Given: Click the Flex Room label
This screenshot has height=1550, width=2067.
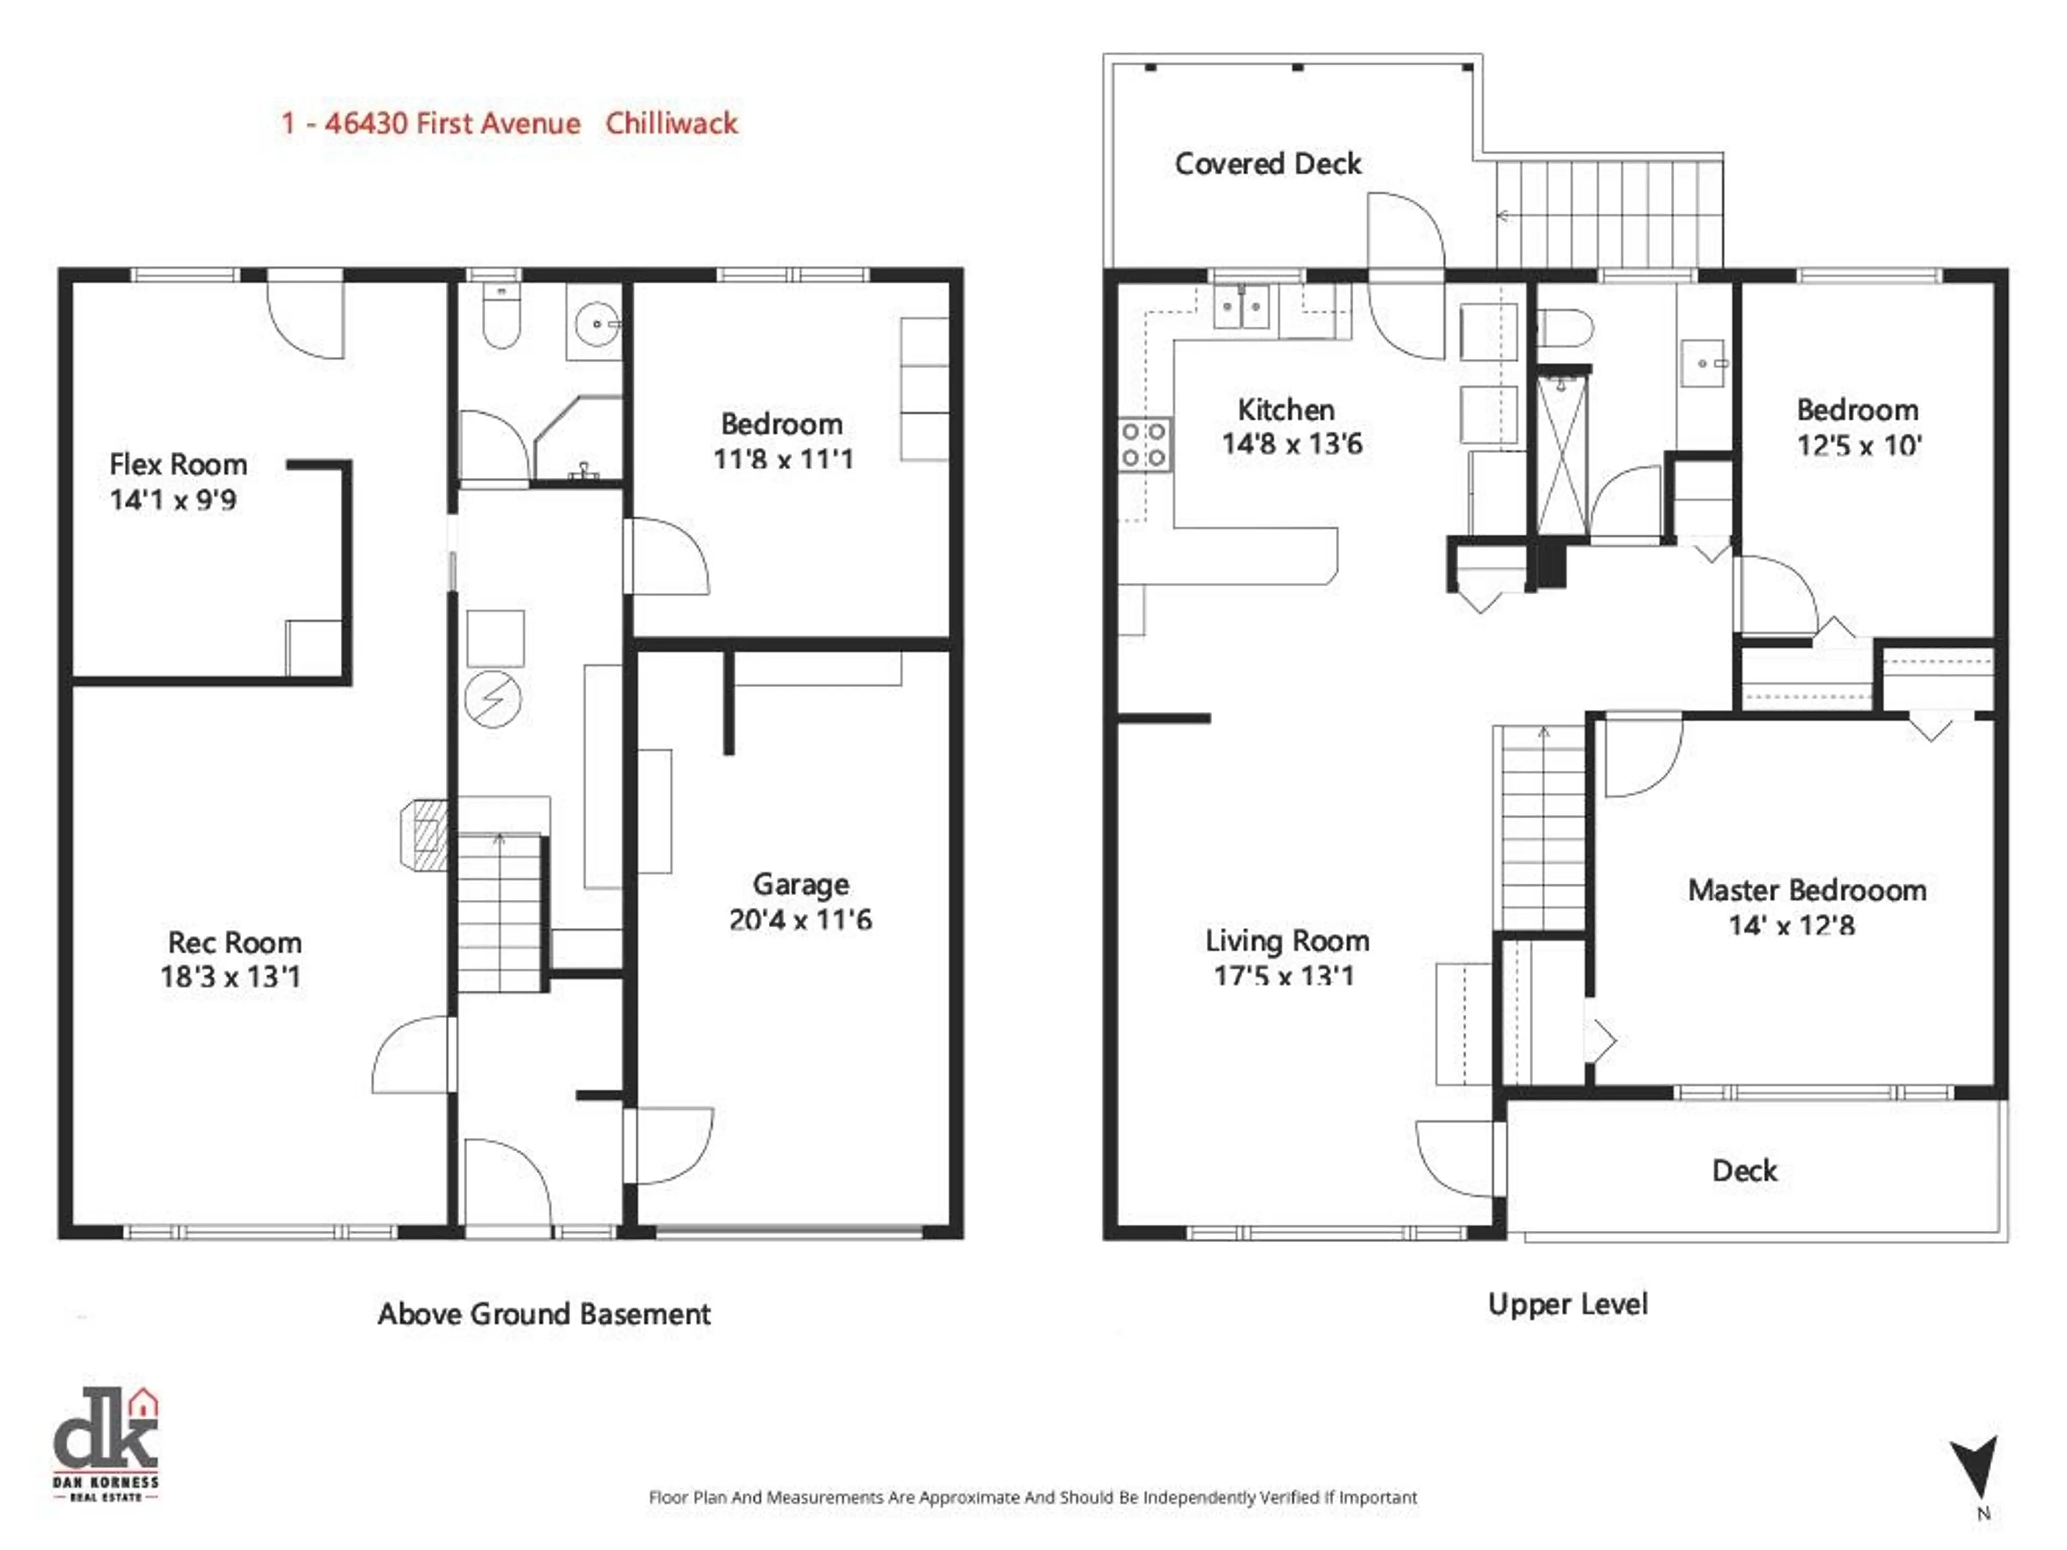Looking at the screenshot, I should click(178, 464).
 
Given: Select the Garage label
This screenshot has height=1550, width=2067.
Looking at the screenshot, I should click(801, 884).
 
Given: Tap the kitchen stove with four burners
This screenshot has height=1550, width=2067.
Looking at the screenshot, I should click(1144, 445).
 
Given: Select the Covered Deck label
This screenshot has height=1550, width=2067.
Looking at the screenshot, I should click(1267, 165).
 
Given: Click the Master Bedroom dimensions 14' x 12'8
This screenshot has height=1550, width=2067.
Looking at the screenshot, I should click(1790, 926).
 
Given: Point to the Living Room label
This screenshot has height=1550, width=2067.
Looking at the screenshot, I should click(1286, 941).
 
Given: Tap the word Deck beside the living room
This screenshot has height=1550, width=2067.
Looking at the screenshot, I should click(1743, 1171).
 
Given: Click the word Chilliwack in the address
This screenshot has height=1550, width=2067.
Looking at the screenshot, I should click(671, 123).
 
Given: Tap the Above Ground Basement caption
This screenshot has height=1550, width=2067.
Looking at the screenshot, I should click(544, 1315).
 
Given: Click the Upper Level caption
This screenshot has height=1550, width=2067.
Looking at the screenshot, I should click(1567, 1304).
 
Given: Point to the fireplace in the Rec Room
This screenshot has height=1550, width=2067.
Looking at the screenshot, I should click(426, 834).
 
